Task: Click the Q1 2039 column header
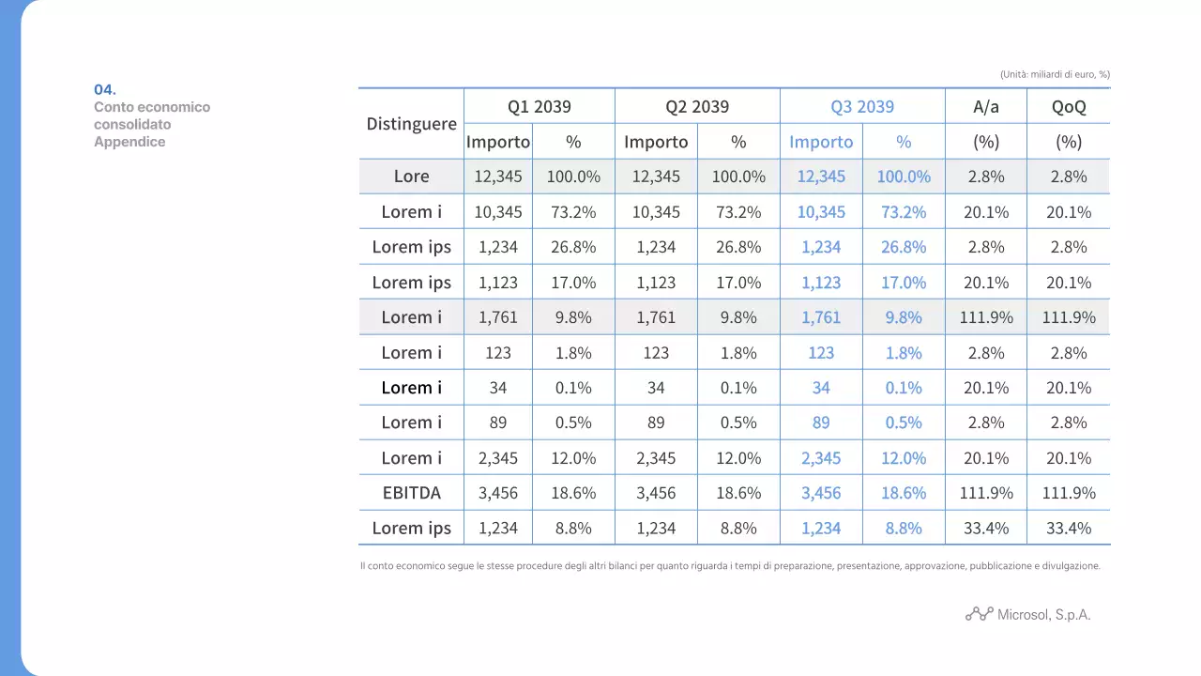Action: (540, 106)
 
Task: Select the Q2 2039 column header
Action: (697, 106)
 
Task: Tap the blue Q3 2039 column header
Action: (862, 106)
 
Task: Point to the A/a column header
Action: (986, 106)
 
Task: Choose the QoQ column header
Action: (1069, 106)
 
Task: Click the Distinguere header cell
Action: (411, 124)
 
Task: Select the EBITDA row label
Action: (411, 493)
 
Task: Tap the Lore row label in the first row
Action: (411, 177)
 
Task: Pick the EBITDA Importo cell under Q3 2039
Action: (821, 493)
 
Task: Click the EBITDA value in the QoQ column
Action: (1069, 493)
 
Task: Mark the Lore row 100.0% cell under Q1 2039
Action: (573, 177)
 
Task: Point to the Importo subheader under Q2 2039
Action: (656, 142)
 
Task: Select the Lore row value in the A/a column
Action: (986, 177)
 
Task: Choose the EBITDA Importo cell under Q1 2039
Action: (498, 493)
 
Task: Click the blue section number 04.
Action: (105, 89)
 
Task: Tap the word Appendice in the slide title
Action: (129, 142)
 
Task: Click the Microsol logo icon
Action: (979, 614)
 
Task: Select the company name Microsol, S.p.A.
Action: (1043, 615)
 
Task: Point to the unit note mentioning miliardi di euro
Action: (1055, 74)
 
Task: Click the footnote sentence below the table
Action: (729, 566)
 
